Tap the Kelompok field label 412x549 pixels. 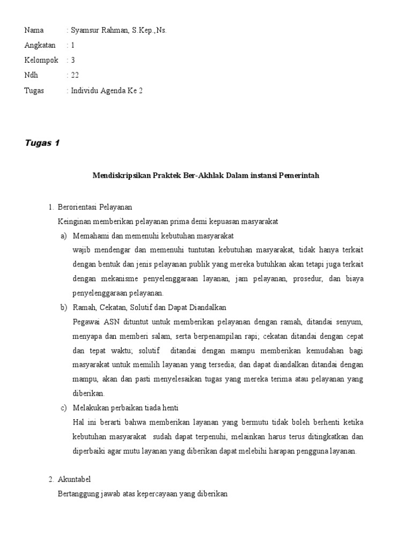coord(41,61)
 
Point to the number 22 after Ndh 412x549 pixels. coord(75,76)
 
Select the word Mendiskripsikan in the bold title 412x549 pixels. coord(120,175)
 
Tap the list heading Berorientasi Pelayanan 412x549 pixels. coord(94,207)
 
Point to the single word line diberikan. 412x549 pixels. coord(85,393)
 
